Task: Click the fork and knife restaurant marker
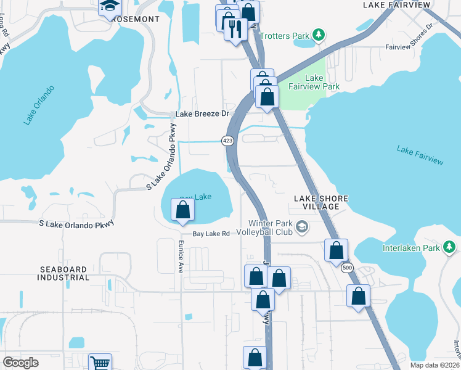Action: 235,28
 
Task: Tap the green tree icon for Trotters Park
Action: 319,36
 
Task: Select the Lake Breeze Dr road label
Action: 202,114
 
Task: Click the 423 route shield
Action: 228,141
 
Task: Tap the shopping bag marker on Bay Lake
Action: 183,210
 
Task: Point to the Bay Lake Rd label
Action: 211,234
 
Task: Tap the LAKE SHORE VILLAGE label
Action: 320,202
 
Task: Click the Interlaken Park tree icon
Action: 450,247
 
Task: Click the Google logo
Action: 20,363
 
